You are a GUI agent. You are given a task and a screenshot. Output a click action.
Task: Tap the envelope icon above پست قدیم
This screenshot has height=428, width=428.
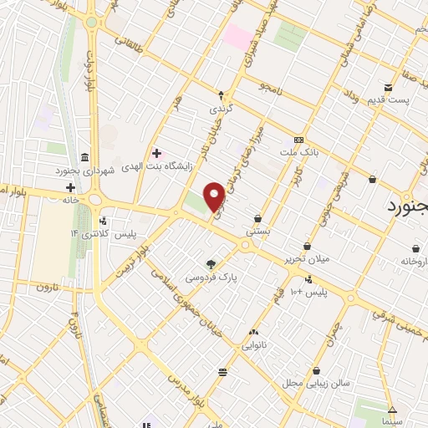tap(388, 88)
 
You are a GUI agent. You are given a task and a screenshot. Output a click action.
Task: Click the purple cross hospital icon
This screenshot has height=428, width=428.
tap(156, 152)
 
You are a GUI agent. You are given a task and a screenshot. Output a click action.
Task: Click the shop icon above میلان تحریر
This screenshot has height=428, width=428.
tap(308, 246)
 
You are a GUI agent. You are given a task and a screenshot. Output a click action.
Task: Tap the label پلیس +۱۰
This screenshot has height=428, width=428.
tap(310, 292)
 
